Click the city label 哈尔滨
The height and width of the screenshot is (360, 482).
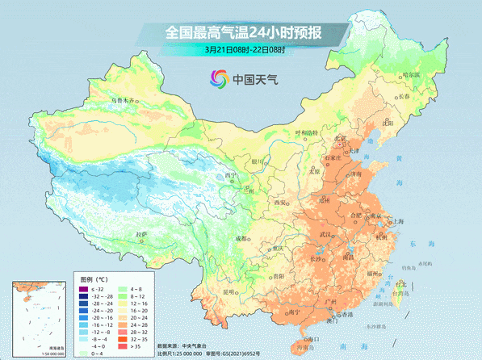pyautogui.click(x=412, y=74)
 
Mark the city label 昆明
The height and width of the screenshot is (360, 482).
pyautogui.click(x=229, y=291)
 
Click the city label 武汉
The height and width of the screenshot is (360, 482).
pyautogui.click(x=326, y=234)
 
